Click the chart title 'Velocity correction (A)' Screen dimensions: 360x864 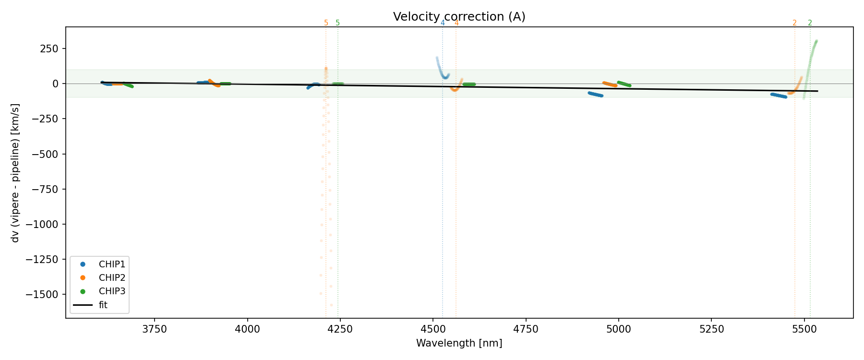(x=459, y=17)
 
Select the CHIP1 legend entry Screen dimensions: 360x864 (x=111, y=264)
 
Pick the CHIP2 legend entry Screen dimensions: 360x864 (x=111, y=277)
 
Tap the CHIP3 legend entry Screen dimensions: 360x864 (x=111, y=291)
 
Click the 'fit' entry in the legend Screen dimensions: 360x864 (x=103, y=305)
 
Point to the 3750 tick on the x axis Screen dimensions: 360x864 (x=155, y=329)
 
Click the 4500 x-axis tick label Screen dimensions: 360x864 (x=433, y=329)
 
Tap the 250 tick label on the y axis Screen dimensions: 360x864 (x=49, y=49)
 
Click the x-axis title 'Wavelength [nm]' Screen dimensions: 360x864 (x=459, y=343)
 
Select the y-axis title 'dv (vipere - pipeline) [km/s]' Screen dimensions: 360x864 (x=15, y=173)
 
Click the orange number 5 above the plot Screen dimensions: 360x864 (x=326, y=23)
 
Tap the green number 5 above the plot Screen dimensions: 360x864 (x=337, y=23)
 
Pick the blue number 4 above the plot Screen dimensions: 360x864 (x=443, y=23)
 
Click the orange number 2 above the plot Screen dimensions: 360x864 (x=794, y=23)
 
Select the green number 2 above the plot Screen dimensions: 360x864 (x=810, y=23)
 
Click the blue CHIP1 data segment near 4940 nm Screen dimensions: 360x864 (x=595, y=94)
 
